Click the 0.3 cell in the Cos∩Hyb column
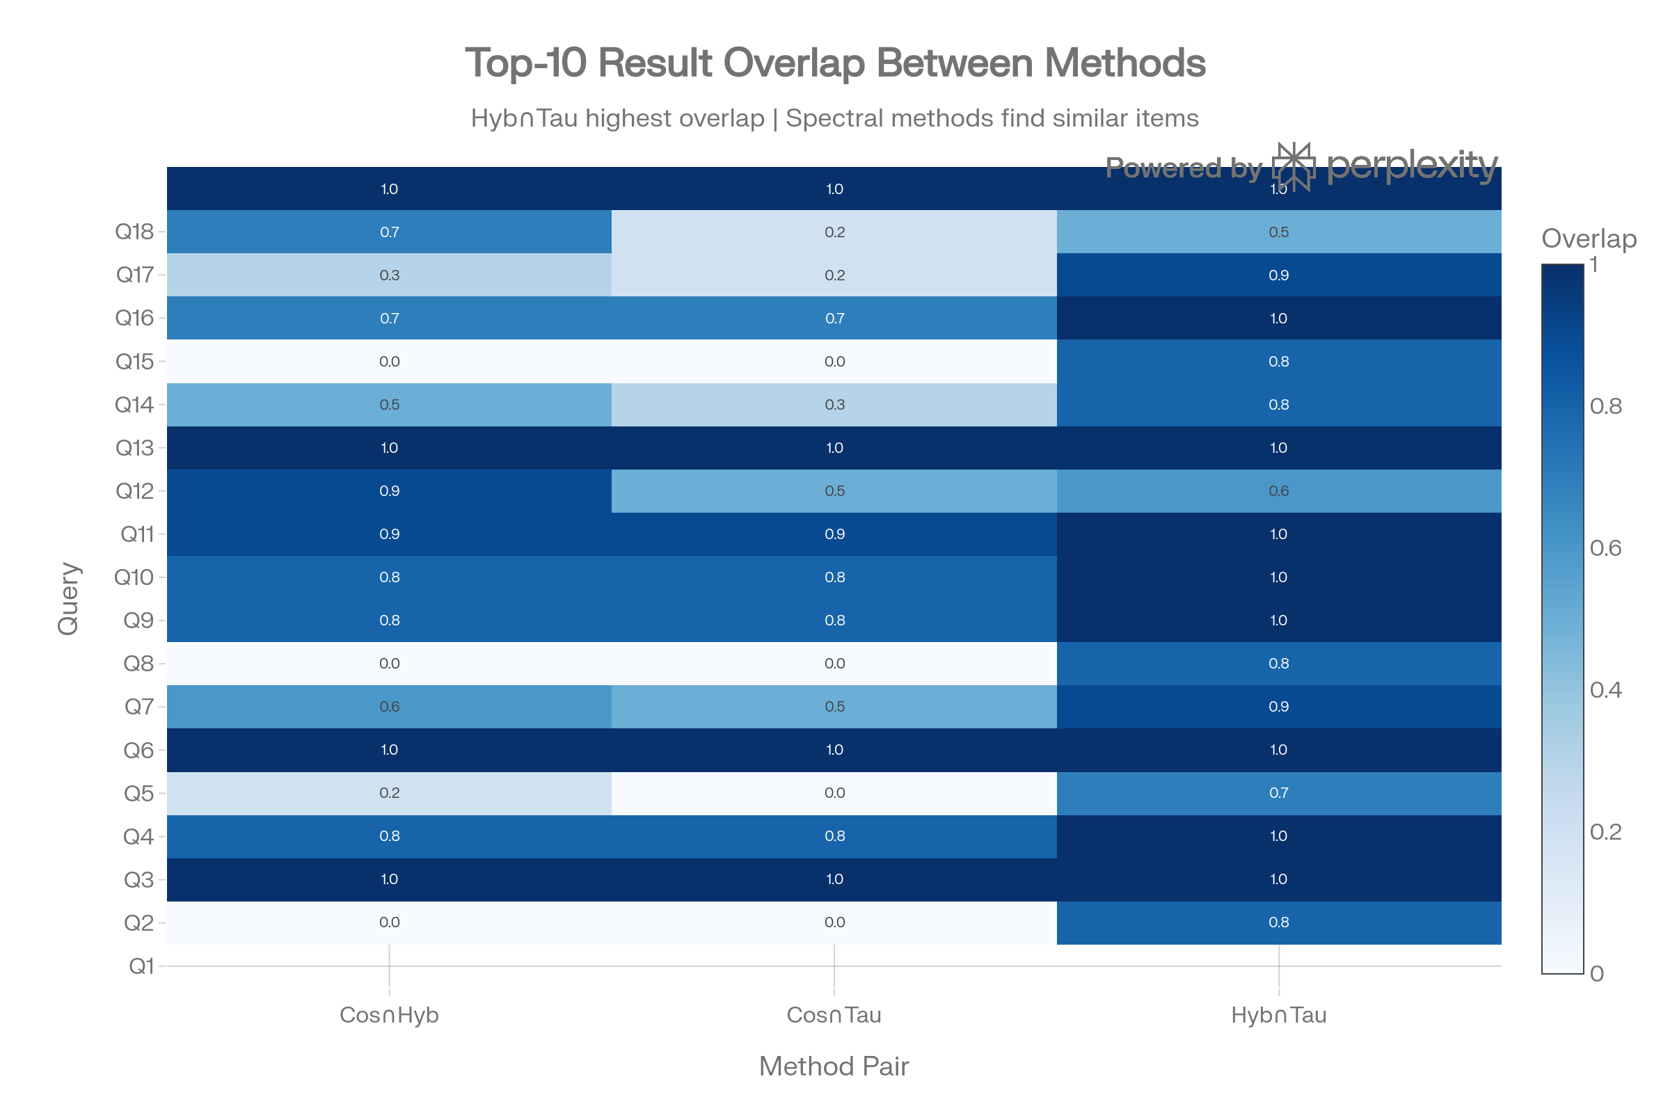pyautogui.click(x=389, y=275)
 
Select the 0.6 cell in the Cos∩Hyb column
pyautogui.click(x=389, y=706)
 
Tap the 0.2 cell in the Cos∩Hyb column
pyautogui.click(x=389, y=792)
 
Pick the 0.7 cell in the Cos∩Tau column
pyautogui.click(x=834, y=318)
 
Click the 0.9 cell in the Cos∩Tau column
pyautogui.click(x=834, y=534)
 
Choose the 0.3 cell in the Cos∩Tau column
pyautogui.click(x=834, y=405)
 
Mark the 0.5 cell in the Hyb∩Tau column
pyautogui.click(x=1278, y=232)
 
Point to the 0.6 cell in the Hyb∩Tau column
pyautogui.click(x=1278, y=490)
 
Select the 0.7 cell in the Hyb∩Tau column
pyautogui.click(x=1278, y=792)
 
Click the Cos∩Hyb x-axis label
pyautogui.click(x=389, y=1015)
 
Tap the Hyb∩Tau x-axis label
pyautogui.click(x=1278, y=1015)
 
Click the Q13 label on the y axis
pyautogui.click(x=134, y=448)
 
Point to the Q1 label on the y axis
pyautogui.click(x=141, y=966)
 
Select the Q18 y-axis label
pyautogui.click(x=134, y=232)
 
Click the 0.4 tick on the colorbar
pyautogui.click(x=1605, y=690)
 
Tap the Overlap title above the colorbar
pyautogui.click(x=1589, y=239)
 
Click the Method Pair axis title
pyautogui.click(x=834, y=1066)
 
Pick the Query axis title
pyautogui.click(x=69, y=598)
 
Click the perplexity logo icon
pyautogui.click(x=1293, y=166)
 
